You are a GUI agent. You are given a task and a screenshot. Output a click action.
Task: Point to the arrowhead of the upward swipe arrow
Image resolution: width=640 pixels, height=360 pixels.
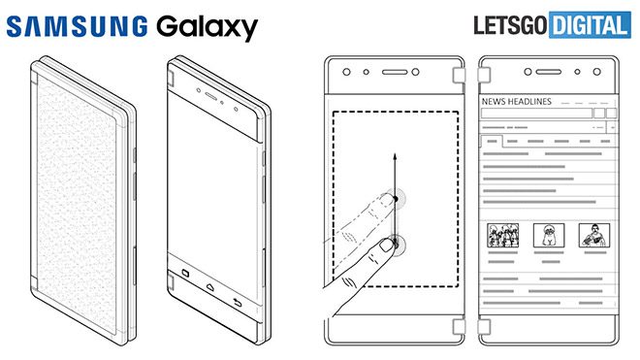pyautogui.click(x=394, y=154)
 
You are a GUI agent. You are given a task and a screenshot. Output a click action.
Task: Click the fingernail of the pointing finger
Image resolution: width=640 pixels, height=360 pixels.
pyautogui.click(x=385, y=245)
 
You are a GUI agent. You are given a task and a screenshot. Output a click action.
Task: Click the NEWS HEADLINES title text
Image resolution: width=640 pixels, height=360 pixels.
pyautogui.click(x=517, y=101)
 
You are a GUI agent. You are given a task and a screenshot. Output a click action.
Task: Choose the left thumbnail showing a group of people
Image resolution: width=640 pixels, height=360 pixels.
pyautogui.click(x=501, y=234)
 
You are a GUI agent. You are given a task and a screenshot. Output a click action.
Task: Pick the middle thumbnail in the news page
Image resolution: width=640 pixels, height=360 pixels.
pyautogui.click(x=547, y=234)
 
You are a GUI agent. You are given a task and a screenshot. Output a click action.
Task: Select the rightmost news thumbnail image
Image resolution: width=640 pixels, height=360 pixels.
pyautogui.click(x=593, y=234)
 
